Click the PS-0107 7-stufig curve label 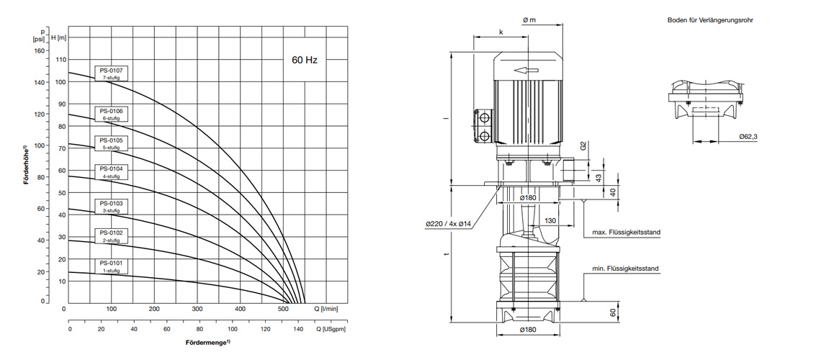112,73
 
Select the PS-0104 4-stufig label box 112,172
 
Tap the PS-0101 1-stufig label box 112,266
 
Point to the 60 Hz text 304,60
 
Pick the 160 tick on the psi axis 40,51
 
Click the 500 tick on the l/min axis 283,308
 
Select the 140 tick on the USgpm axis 298,330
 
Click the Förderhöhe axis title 25,165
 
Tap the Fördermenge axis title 208,342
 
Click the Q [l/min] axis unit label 326,308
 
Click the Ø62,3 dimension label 748,137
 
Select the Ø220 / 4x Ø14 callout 447,225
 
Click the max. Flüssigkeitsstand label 625,233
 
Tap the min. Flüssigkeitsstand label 625,269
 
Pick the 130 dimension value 550,220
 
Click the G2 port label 583,145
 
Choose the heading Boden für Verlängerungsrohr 710,20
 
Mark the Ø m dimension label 529,20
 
